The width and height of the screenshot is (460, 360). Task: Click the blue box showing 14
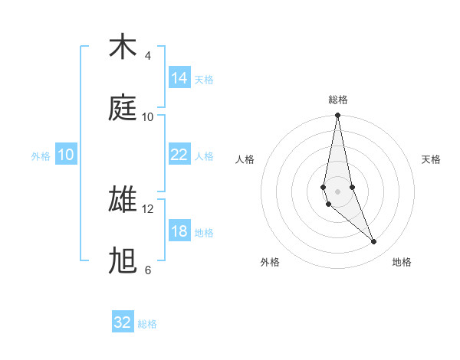pyautogui.click(x=179, y=78)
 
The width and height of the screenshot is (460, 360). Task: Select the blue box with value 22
pyautogui.click(x=179, y=155)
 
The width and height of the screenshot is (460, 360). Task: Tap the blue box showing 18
pyautogui.click(x=179, y=231)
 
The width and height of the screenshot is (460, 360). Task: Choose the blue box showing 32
pyautogui.click(x=123, y=322)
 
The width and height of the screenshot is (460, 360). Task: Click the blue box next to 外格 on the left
pyautogui.click(x=66, y=155)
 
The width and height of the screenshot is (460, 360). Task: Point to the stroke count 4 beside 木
pyautogui.click(x=148, y=56)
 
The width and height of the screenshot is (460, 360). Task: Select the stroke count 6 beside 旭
pyautogui.click(x=148, y=270)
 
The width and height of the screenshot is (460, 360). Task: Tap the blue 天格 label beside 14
pyautogui.click(x=204, y=79)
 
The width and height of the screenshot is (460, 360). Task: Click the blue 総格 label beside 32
pyautogui.click(x=147, y=324)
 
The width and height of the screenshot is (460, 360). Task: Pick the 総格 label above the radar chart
pyautogui.click(x=338, y=100)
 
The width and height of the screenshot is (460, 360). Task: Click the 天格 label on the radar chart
pyautogui.click(x=431, y=159)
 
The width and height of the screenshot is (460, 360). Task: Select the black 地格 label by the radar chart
pyautogui.click(x=402, y=262)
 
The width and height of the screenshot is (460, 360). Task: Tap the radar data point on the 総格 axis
pyautogui.click(x=338, y=116)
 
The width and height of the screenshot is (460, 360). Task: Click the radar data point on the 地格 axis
pyautogui.click(x=374, y=242)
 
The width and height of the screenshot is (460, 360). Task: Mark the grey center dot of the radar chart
pyautogui.click(x=338, y=191)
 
